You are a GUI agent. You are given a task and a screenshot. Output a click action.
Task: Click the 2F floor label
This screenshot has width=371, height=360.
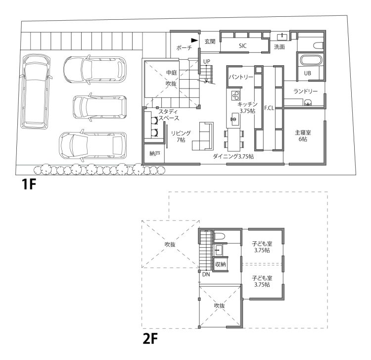point(150,340)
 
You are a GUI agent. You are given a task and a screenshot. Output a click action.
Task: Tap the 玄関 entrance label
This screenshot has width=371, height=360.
point(209,42)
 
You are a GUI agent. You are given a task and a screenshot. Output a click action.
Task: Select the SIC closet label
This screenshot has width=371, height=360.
point(242,45)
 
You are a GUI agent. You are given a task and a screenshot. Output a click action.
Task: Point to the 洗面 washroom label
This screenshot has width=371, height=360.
point(279,46)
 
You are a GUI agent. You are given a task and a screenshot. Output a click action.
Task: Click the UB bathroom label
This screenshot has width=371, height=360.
point(308,73)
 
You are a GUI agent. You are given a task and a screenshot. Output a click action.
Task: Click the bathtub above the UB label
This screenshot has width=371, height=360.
point(311,62)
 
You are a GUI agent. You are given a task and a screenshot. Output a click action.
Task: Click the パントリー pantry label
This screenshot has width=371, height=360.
point(241,78)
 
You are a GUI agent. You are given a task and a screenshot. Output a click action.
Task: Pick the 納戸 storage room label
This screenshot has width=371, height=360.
point(154,154)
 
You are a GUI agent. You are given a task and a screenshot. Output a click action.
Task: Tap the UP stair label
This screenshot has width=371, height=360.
point(207,61)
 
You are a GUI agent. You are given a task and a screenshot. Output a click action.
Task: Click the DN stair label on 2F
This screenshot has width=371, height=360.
point(206,274)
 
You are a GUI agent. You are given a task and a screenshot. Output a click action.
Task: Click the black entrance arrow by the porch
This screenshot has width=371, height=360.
point(194,41)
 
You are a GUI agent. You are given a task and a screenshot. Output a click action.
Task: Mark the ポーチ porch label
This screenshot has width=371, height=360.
point(184,48)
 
